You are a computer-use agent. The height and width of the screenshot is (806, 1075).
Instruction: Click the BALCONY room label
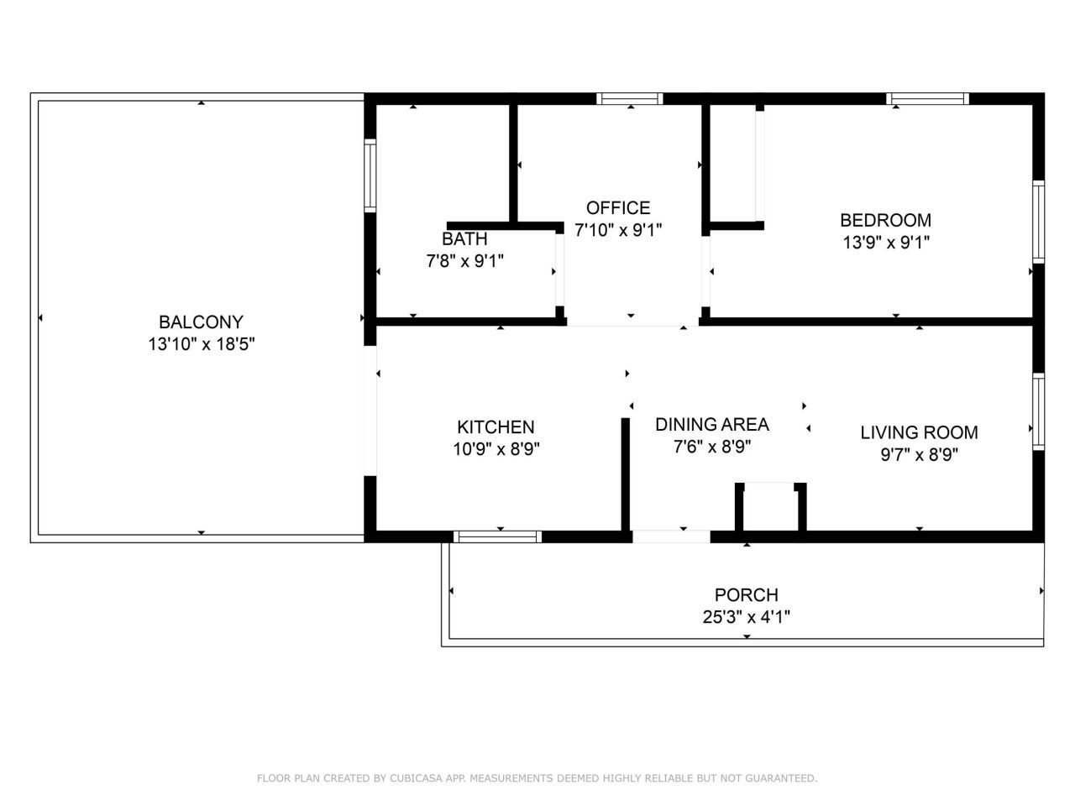pos(201,322)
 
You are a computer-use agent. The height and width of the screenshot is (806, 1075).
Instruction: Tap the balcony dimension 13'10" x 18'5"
pos(201,343)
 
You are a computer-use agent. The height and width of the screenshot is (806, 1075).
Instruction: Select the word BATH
pos(464,239)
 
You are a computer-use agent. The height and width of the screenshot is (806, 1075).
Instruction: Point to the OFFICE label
pos(618,207)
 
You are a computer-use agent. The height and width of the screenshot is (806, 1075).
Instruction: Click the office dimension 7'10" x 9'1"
pos(618,230)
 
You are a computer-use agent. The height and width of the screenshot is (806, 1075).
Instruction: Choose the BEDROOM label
pos(885,220)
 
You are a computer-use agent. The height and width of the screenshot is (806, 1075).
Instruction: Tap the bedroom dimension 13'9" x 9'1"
pos(885,243)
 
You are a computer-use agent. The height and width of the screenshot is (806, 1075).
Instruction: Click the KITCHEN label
pos(496,427)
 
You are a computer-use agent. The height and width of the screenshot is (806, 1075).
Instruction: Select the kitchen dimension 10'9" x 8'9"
pos(496,449)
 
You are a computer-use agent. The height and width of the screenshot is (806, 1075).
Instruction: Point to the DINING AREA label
pos(711,424)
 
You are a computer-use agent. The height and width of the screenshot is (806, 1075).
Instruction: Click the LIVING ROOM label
pos(919,432)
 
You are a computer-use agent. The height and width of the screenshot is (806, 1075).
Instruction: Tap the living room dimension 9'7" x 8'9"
pos(919,455)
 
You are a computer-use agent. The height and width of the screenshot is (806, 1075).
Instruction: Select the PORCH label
pos(746,594)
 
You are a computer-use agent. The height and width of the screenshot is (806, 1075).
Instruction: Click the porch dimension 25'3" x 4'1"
pos(746,617)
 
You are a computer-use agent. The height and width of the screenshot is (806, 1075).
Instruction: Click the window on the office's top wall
pos(629,99)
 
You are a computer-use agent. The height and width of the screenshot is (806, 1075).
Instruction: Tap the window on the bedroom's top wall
pos(927,99)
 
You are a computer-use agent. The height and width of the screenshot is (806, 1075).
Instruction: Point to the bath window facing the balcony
pos(370,175)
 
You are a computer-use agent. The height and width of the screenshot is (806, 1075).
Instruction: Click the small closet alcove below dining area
pos(770,508)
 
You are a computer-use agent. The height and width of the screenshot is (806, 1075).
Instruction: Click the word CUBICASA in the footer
pos(418,778)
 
